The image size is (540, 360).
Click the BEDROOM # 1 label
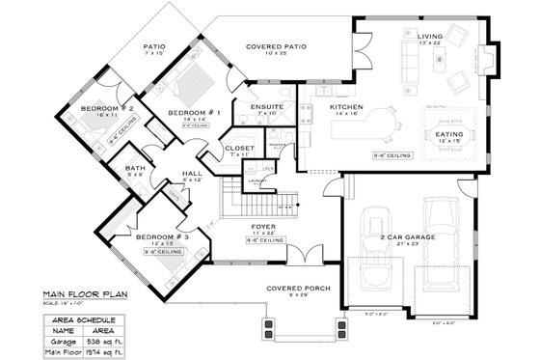tap(196, 113)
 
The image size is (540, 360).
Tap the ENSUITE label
tap(266, 106)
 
